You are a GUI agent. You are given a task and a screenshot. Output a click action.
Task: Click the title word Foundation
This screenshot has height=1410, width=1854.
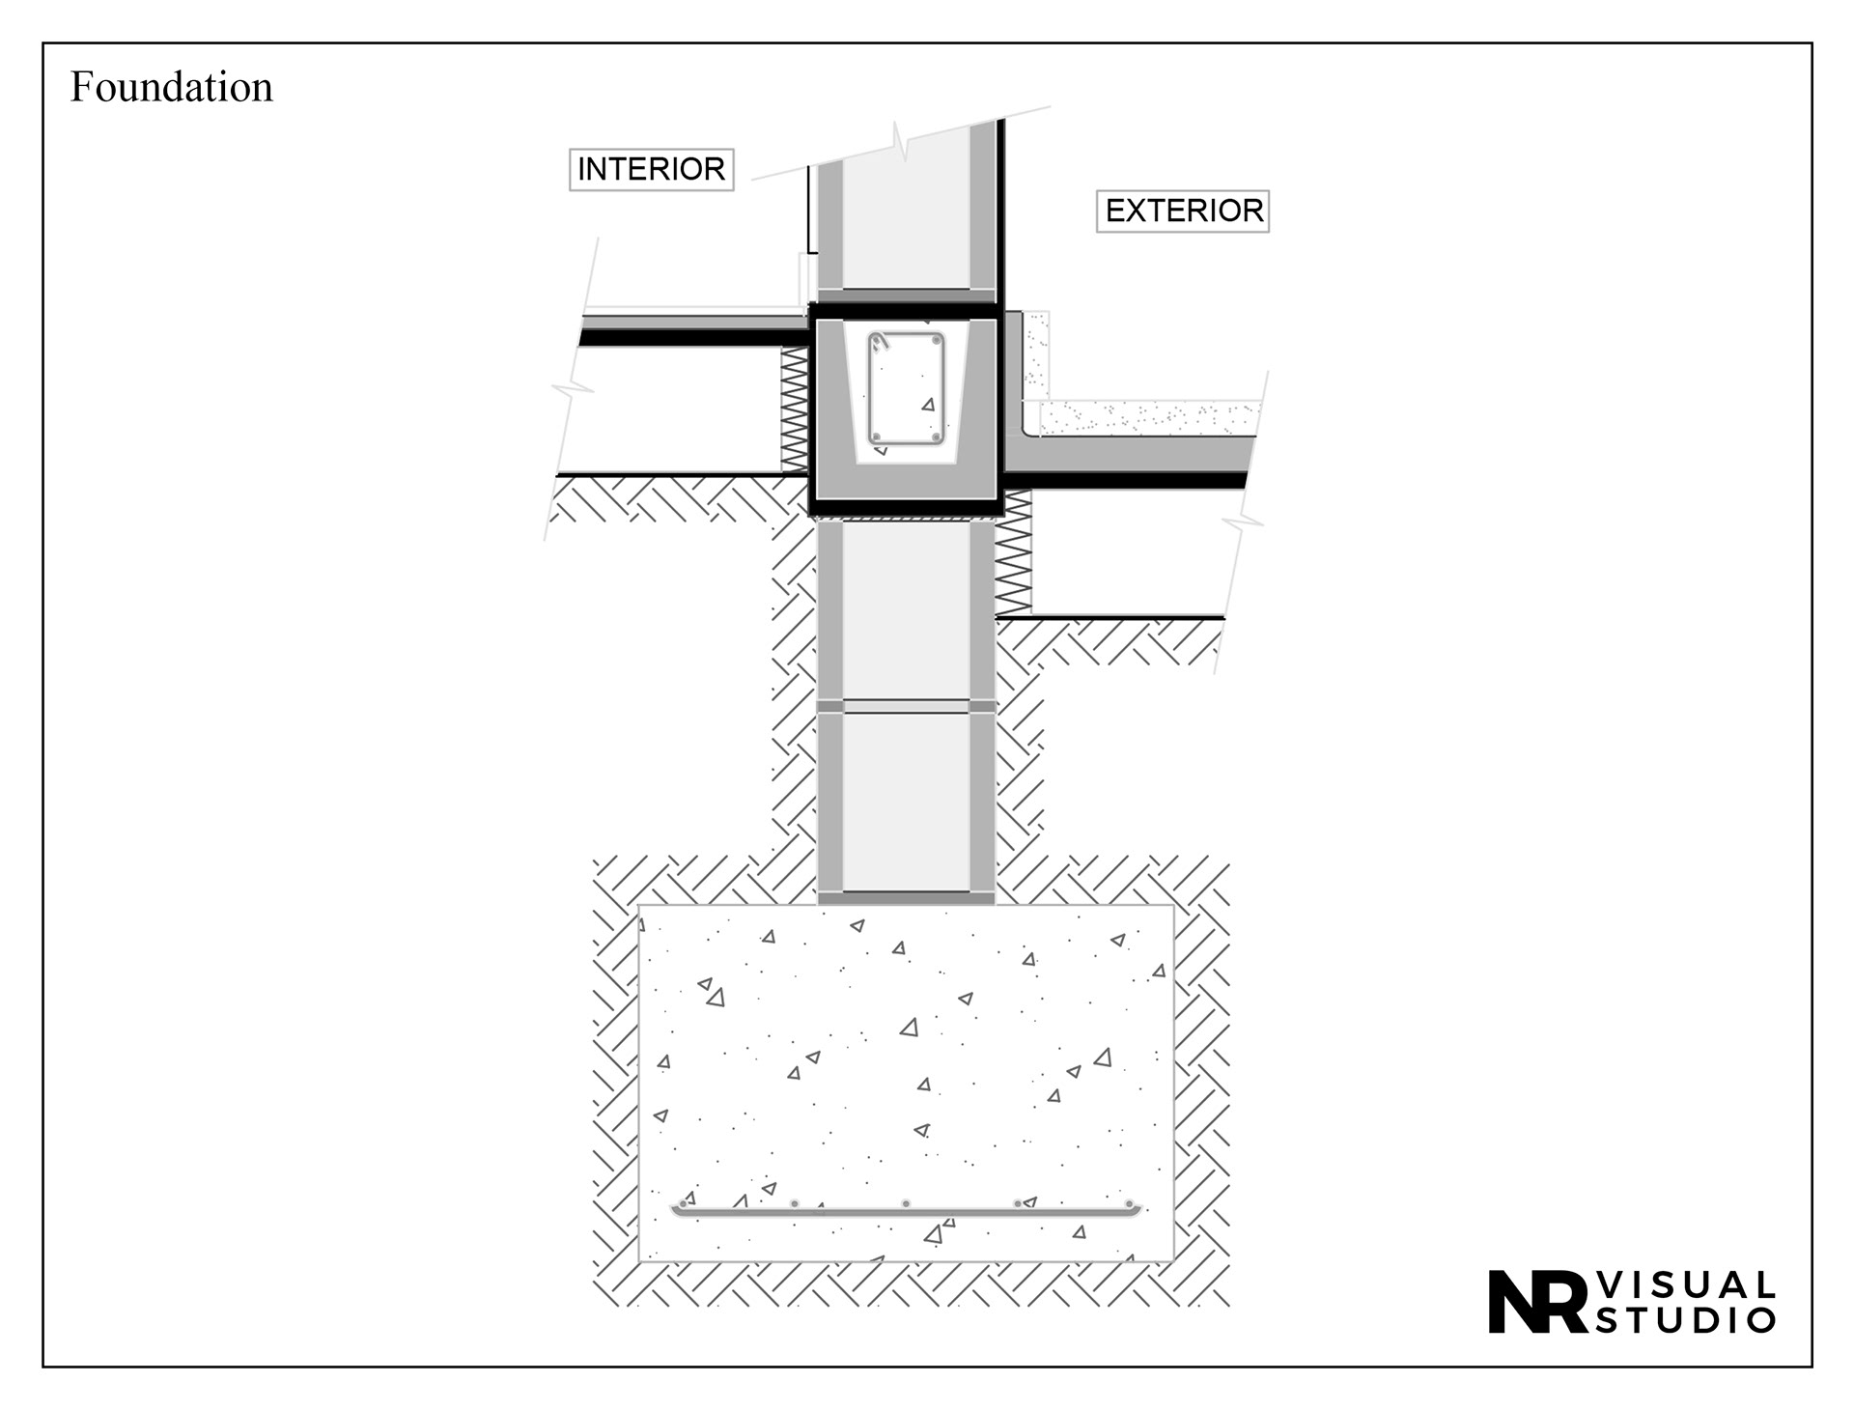172,87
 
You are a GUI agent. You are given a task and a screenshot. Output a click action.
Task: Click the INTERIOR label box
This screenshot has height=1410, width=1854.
651,169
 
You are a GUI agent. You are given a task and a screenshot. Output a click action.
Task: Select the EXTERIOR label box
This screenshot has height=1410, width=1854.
1183,211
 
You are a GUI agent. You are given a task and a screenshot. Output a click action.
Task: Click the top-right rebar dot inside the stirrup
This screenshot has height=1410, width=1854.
936,342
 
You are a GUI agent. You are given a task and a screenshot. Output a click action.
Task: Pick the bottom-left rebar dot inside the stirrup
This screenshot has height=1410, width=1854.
876,437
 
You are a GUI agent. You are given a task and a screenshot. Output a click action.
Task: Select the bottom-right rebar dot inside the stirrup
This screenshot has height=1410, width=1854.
936,437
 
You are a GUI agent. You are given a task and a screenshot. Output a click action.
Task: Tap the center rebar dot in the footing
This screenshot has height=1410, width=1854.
906,1203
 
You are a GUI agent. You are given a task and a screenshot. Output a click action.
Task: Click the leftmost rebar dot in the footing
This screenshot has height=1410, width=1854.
684,1204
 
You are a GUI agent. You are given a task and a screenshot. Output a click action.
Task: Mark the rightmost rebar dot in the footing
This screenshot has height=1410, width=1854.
1129,1204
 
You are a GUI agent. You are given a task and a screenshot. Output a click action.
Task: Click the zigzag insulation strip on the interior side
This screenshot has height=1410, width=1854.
794,409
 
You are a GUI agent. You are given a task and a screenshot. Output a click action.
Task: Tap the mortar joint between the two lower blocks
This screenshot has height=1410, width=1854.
906,707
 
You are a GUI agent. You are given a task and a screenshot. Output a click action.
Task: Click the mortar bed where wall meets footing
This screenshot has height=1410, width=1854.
906,898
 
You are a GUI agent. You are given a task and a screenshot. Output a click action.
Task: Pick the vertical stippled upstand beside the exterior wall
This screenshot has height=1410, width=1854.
1037,355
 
